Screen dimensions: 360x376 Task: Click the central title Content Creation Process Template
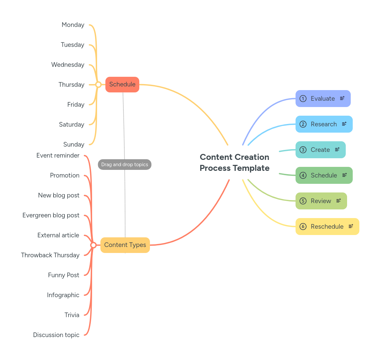tap(234, 163)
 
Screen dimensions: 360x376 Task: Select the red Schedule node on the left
tap(122, 84)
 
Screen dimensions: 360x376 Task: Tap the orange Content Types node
tap(125, 245)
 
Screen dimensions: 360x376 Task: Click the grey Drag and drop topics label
tap(125, 165)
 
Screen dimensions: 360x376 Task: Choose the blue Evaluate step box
tap(323, 99)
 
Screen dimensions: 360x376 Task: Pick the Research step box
tap(324, 124)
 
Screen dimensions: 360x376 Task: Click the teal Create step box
tap(320, 150)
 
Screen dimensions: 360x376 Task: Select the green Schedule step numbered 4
tap(324, 176)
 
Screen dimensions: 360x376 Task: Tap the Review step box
tap(321, 201)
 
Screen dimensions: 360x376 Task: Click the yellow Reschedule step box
tap(327, 227)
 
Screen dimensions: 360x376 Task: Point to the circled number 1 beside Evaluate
tap(303, 99)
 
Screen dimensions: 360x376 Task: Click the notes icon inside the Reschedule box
tap(351, 226)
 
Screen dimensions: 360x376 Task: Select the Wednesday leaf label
tap(68, 65)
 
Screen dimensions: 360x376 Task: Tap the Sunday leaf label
tap(74, 145)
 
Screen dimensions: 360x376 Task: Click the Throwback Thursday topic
tap(50, 255)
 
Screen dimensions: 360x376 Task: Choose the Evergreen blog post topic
tap(51, 215)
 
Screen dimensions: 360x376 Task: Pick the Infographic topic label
tap(63, 295)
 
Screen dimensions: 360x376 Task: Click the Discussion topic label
tap(56, 335)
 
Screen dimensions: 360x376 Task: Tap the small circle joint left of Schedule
tap(98, 85)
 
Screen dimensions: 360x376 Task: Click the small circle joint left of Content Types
tap(93, 245)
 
